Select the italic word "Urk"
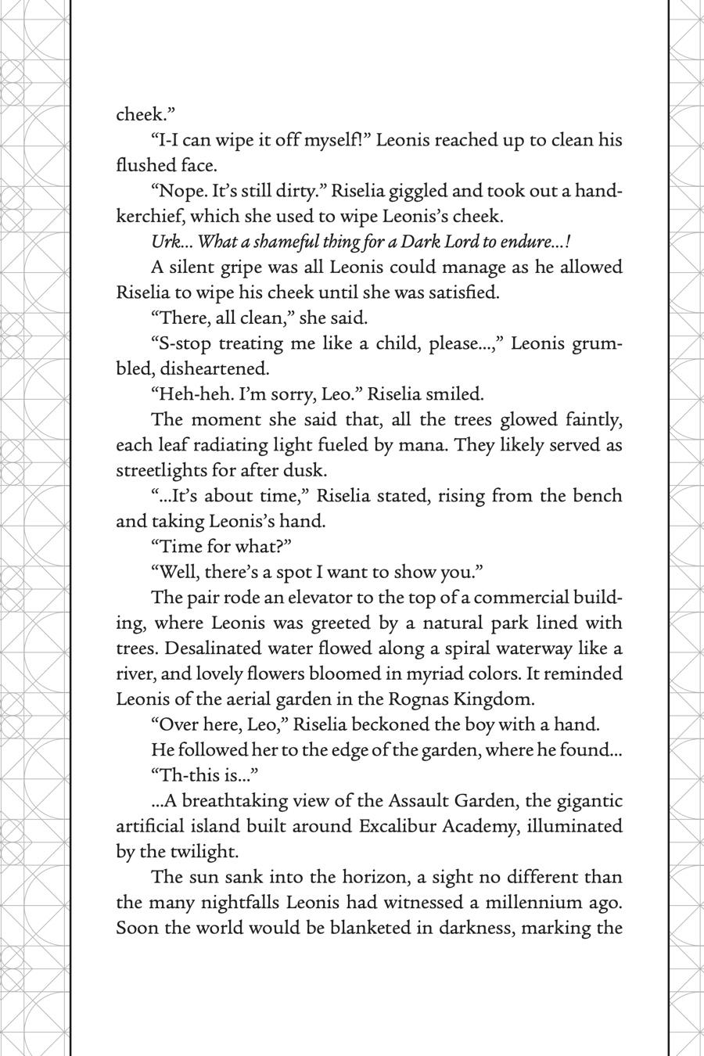[166, 242]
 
